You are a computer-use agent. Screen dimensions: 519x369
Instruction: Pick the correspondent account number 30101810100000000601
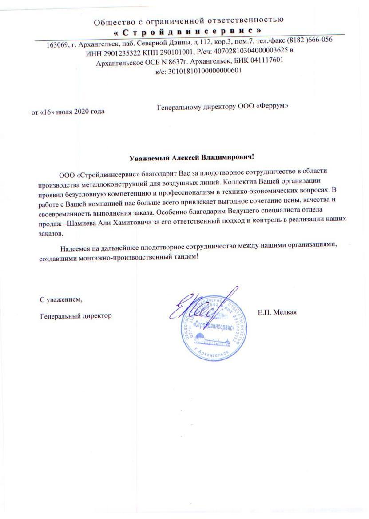coord(204,70)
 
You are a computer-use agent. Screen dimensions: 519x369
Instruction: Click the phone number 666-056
coord(319,39)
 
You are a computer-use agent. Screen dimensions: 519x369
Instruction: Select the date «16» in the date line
coord(48,112)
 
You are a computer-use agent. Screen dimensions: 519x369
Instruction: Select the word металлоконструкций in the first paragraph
coord(113,183)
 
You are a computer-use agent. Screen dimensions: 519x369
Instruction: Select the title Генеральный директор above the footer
coord(75,316)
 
